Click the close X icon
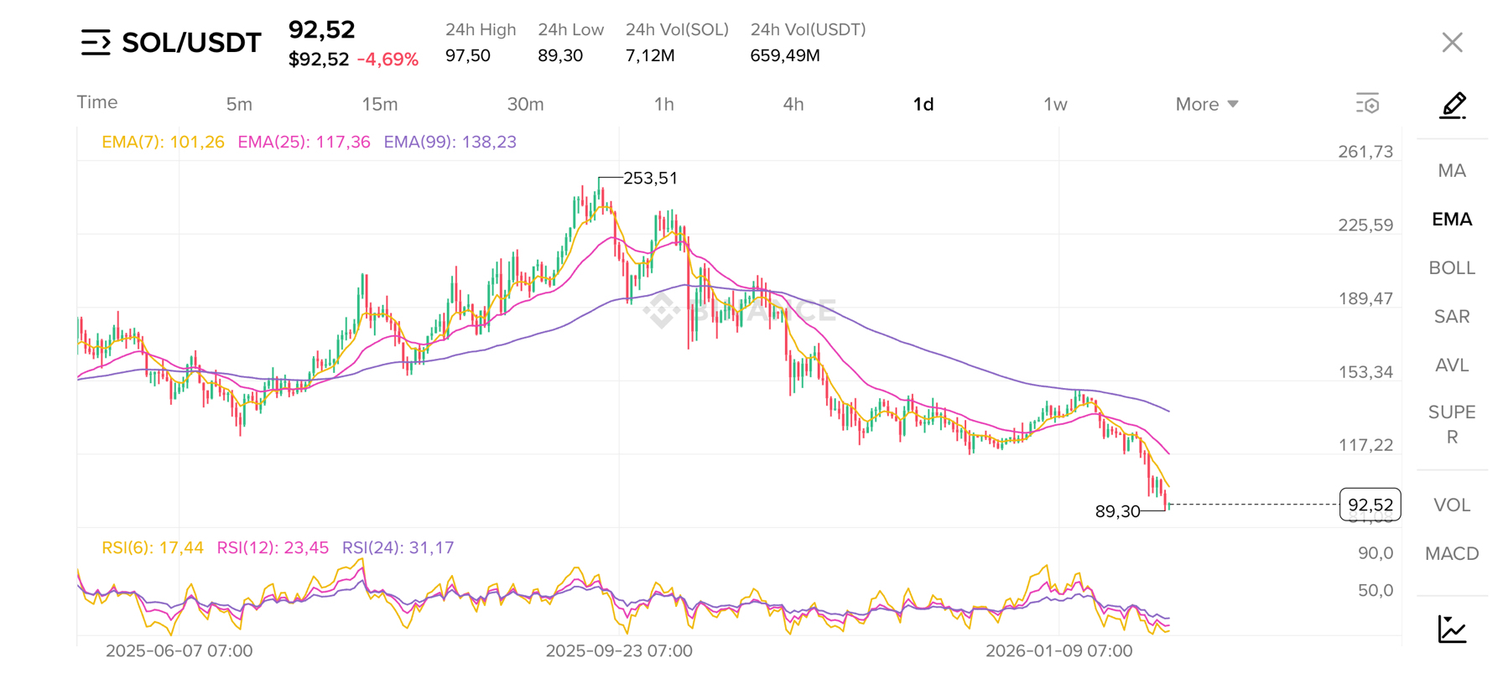[x=1452, y=43]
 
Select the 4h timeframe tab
[x=793, y=105]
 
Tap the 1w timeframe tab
[x=1054, y=105]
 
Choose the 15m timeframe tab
[x=379, y=105]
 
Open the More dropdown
[x=1206, y=105]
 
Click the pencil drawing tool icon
[x=1452, y=106]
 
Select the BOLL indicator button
[x=1451, y=268]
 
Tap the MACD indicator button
[x=1451, y=554]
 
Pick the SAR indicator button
[x=1451, y=317]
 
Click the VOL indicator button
[x=1451, y=505]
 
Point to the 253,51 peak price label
[x=650, y=179]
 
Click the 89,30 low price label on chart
[x=1117, y=511]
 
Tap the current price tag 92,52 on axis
[x=1370, y=505]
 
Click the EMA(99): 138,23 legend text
[x=450, y=142]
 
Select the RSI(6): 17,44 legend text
[x=152, y=548]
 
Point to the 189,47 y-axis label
[x=1365, y=299]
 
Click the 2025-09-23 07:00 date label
[x=619, y=651]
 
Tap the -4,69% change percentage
[x=387, y=60]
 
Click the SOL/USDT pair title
[x=191, y=43]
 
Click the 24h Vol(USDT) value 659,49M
[x=785, y=56]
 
